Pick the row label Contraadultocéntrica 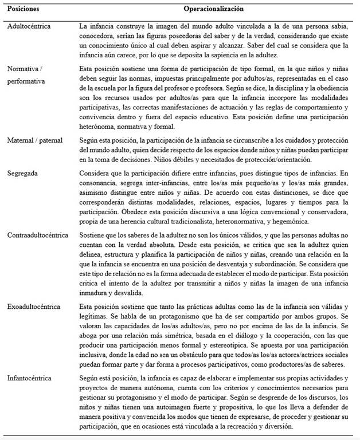pyautogui.click(x=37, y=235)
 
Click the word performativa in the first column pyautogui.click(x=26, y=81)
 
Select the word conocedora pyautogui.click(x=98, y=36)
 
